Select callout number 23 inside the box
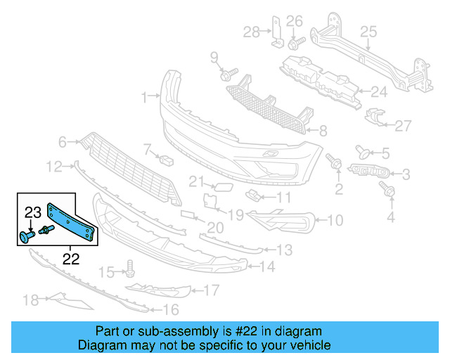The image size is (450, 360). [34, 212]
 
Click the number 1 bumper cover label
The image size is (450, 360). [144, 97]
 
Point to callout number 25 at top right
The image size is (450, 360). [368, 31]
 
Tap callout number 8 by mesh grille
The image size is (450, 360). [322, 130]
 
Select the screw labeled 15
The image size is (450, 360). [129, 268]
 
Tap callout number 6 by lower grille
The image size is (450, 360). [62, 143]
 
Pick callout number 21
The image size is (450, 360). [195, 181]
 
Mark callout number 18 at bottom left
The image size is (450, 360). [30, 300]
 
